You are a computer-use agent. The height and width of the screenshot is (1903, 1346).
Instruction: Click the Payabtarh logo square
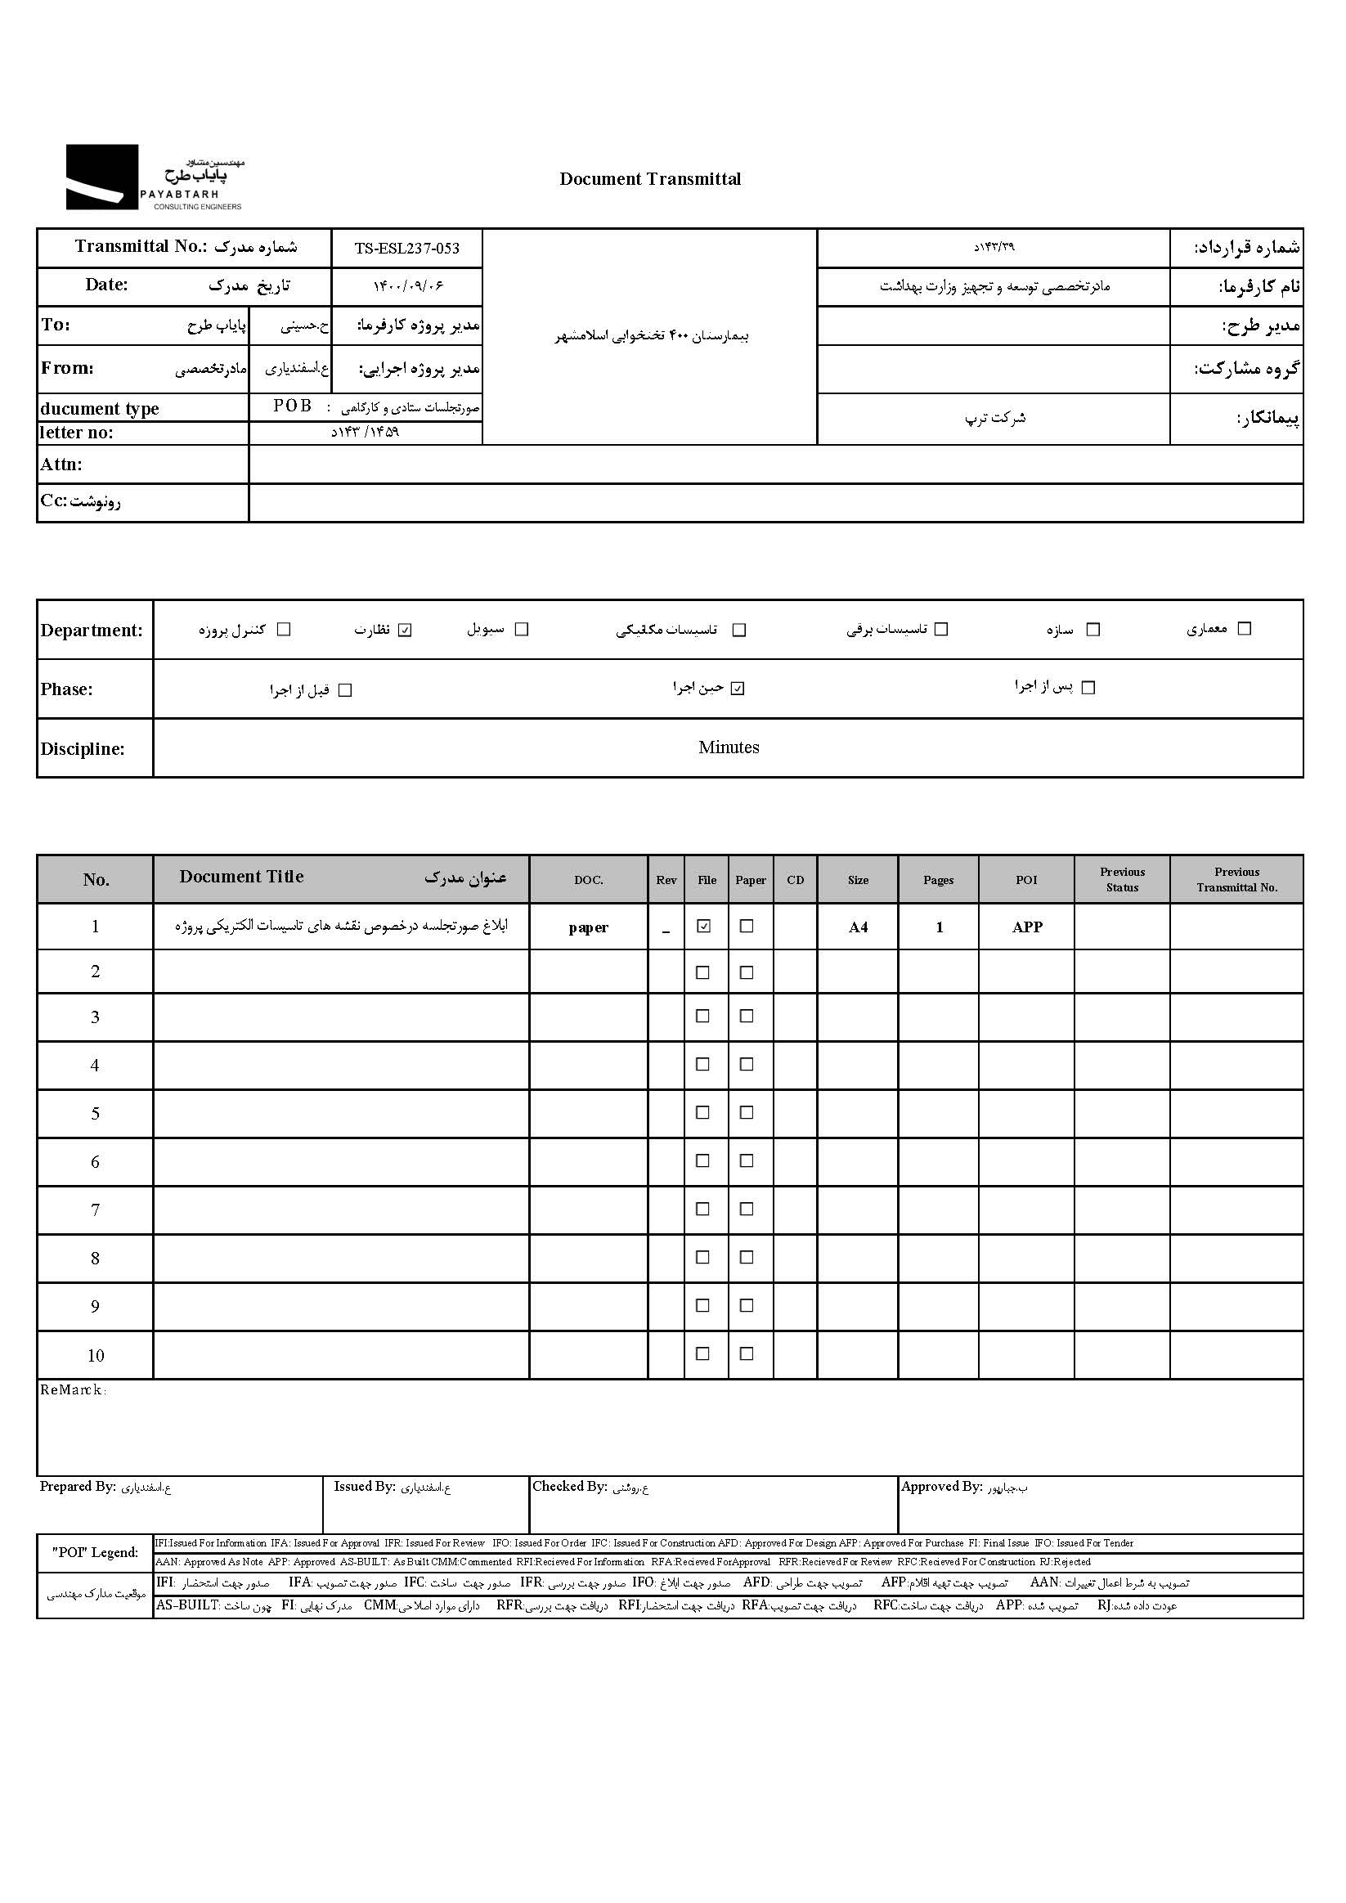[x=102, y=177]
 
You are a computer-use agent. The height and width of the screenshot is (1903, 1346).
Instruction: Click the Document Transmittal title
[x=650, y=179]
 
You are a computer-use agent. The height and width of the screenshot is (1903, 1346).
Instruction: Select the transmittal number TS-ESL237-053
[x=406, y=249]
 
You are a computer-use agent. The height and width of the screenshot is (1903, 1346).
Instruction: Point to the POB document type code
[x=293, y=406]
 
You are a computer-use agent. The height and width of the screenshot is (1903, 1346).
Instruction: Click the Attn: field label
[x=61, y=465]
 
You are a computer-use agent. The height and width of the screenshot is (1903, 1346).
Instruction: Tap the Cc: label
[x=80, y=501]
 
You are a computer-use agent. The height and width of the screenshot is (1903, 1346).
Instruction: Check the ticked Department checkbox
[x=405, y=630]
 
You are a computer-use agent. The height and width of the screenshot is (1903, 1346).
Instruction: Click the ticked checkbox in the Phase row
[x=738, y=689]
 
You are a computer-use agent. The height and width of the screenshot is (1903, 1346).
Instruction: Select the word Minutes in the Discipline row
[x=729, y=747]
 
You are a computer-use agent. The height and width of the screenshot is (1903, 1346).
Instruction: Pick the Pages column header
[x=938, y=880]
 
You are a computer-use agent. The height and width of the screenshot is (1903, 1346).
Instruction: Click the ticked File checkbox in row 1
[x=704, y=927]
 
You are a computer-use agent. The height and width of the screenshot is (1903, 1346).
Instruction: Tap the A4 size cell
[x=858, y=927]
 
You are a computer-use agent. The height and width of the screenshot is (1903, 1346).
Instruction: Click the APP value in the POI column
[x=1027, y=927]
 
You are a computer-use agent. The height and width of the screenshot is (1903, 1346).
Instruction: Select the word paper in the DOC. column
[x=589, y=927]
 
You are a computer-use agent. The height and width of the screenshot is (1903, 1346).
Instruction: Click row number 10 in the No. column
[x=96, y=1356]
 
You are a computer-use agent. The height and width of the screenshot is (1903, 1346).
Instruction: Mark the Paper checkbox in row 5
[x=747, y=1112]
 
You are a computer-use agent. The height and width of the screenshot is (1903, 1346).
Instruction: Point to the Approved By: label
[x=941, y=1487]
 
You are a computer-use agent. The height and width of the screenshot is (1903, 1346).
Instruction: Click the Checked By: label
[x=569, y=1487]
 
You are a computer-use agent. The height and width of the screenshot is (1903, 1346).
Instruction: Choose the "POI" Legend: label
[x=96, y=1552]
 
